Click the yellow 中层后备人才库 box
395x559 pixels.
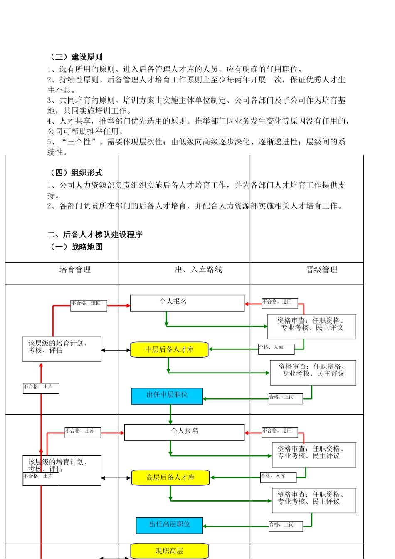169,350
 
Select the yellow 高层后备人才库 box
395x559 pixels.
170,477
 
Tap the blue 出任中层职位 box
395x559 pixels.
167,396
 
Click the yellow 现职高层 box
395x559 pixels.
169,551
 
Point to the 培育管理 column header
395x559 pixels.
75,270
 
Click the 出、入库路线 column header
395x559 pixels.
198,270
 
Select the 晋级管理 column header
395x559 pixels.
322,270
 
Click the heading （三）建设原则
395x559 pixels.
75,57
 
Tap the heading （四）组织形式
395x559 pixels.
75,173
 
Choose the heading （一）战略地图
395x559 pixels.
75,247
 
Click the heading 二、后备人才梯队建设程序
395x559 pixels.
95,235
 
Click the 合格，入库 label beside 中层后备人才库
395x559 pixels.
276,348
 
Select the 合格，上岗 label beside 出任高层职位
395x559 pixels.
285,525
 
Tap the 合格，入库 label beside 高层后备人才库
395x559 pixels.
278,477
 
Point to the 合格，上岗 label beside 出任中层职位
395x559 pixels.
285,398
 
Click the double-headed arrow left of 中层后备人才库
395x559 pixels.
116,350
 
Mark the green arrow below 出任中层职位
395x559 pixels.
170,414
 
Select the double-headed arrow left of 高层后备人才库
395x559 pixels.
116,478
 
